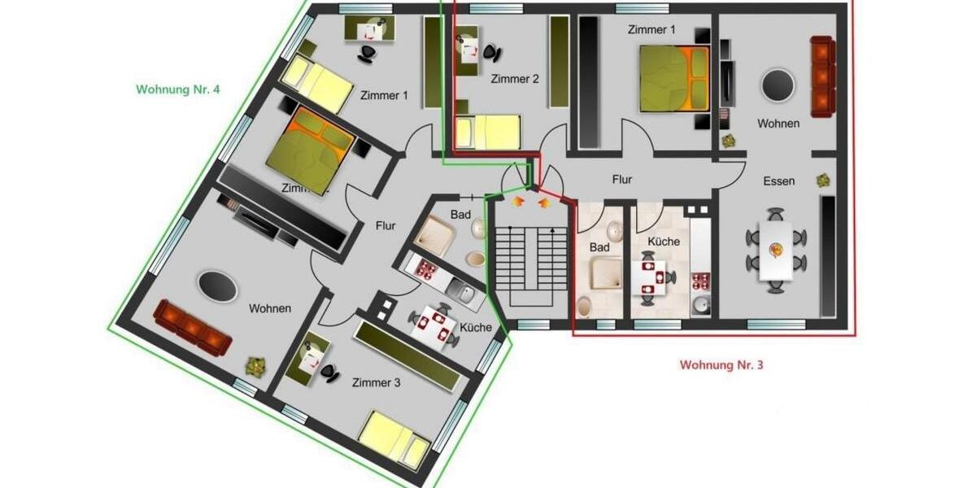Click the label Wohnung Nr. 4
tap(177, 89)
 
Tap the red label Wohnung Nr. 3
tap(721, 365)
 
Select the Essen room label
tap(778, 181)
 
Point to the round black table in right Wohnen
tap(778, 85)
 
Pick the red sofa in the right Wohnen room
tap(822, 76)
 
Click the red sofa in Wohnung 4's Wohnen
tap(192, 326)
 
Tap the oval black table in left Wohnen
tap(217, 287)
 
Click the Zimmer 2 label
tap(515, 79)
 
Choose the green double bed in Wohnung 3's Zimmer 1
tap(673, 78)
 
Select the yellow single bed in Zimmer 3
tap(394, 439)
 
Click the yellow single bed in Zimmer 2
tap(488, 132)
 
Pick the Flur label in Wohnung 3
tap(622, 180)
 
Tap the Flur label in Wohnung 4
tap(386, 226)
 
